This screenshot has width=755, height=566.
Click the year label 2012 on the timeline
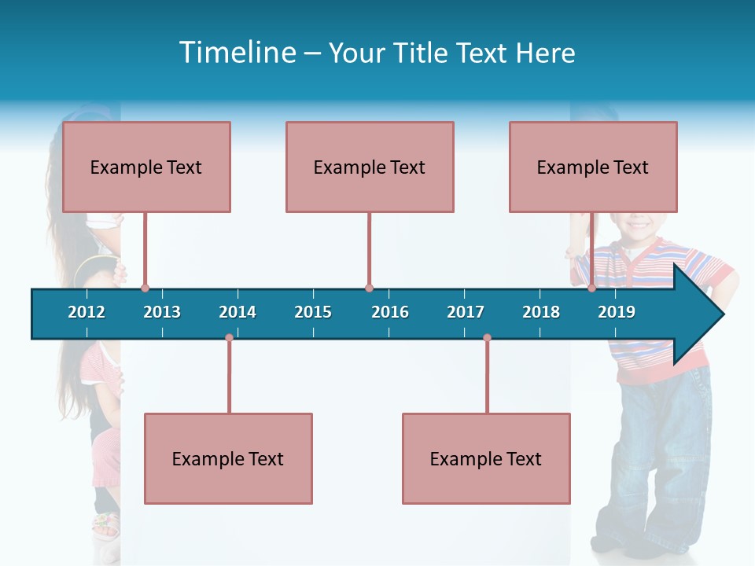87,312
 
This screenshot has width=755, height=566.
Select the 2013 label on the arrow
162,312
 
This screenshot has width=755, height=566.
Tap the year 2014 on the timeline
238,312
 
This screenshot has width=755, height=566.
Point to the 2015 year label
313,312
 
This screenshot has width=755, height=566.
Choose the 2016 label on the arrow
390,312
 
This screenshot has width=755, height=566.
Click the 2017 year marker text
466,312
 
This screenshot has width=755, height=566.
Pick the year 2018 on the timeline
541,312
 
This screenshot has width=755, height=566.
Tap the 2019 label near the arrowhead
617,312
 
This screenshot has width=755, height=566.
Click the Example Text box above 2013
146,167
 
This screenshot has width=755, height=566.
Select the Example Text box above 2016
370,167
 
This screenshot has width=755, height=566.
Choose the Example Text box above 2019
593,167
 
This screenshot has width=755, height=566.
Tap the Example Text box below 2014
228,458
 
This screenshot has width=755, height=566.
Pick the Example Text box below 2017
486,458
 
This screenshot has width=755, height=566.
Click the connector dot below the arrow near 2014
229,338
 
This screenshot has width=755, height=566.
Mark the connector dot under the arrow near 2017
487,338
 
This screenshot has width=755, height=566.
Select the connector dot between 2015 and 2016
369,288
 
